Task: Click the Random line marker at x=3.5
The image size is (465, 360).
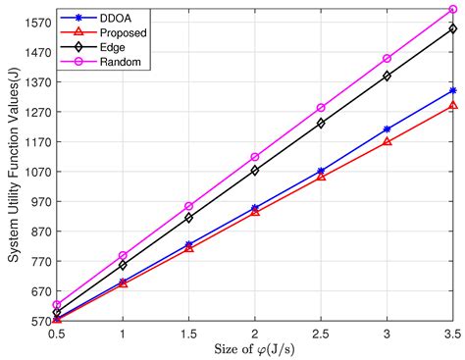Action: pos(452,10)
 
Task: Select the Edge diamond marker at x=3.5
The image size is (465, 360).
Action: pos(452,28)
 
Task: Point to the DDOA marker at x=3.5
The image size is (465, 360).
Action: pos(452,90)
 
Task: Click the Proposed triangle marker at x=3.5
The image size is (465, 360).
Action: pos(452,105)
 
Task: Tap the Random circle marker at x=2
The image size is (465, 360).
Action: pos(254,157)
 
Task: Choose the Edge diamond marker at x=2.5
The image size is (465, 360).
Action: pos(321,124)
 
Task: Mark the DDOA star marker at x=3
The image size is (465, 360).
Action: pos(387,129)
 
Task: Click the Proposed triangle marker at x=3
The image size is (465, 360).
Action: pos(387,141)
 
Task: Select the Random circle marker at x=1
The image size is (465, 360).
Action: pos(123,255)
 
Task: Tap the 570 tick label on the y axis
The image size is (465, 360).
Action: pos(37,321)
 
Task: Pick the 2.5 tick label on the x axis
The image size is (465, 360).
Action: pos(321,334)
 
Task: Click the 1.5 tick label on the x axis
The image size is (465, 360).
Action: pos(188,334)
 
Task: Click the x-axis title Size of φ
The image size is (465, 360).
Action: pos(253,349)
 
